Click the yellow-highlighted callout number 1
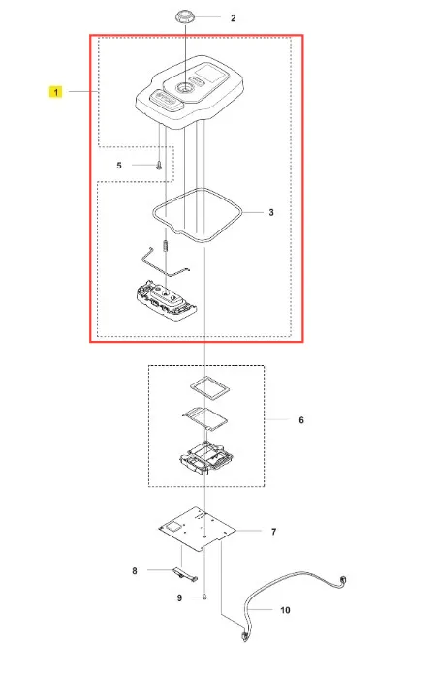(x=55, y=92)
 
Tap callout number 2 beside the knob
(x=234, y=18)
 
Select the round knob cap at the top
(x=184, y=18)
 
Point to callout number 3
(x=271, y=212)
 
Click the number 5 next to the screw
(x=119, y=166)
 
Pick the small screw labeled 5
(x=159, y=165)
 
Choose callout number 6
(x=301, y=420)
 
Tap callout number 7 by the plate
(x=273, y=532)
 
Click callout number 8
(x=135, y=570)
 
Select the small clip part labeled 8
(x=185, y=574)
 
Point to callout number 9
(x=179, y=597)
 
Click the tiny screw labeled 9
(x=205, y=597)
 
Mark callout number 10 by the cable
(x=285, y=610)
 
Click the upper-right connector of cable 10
(x=343, y=581)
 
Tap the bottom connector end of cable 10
(x=245, y=636)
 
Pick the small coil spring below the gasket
(x=166, y=246)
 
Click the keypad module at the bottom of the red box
(x=166, y=299)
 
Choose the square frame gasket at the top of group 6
(x=209, y=386)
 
